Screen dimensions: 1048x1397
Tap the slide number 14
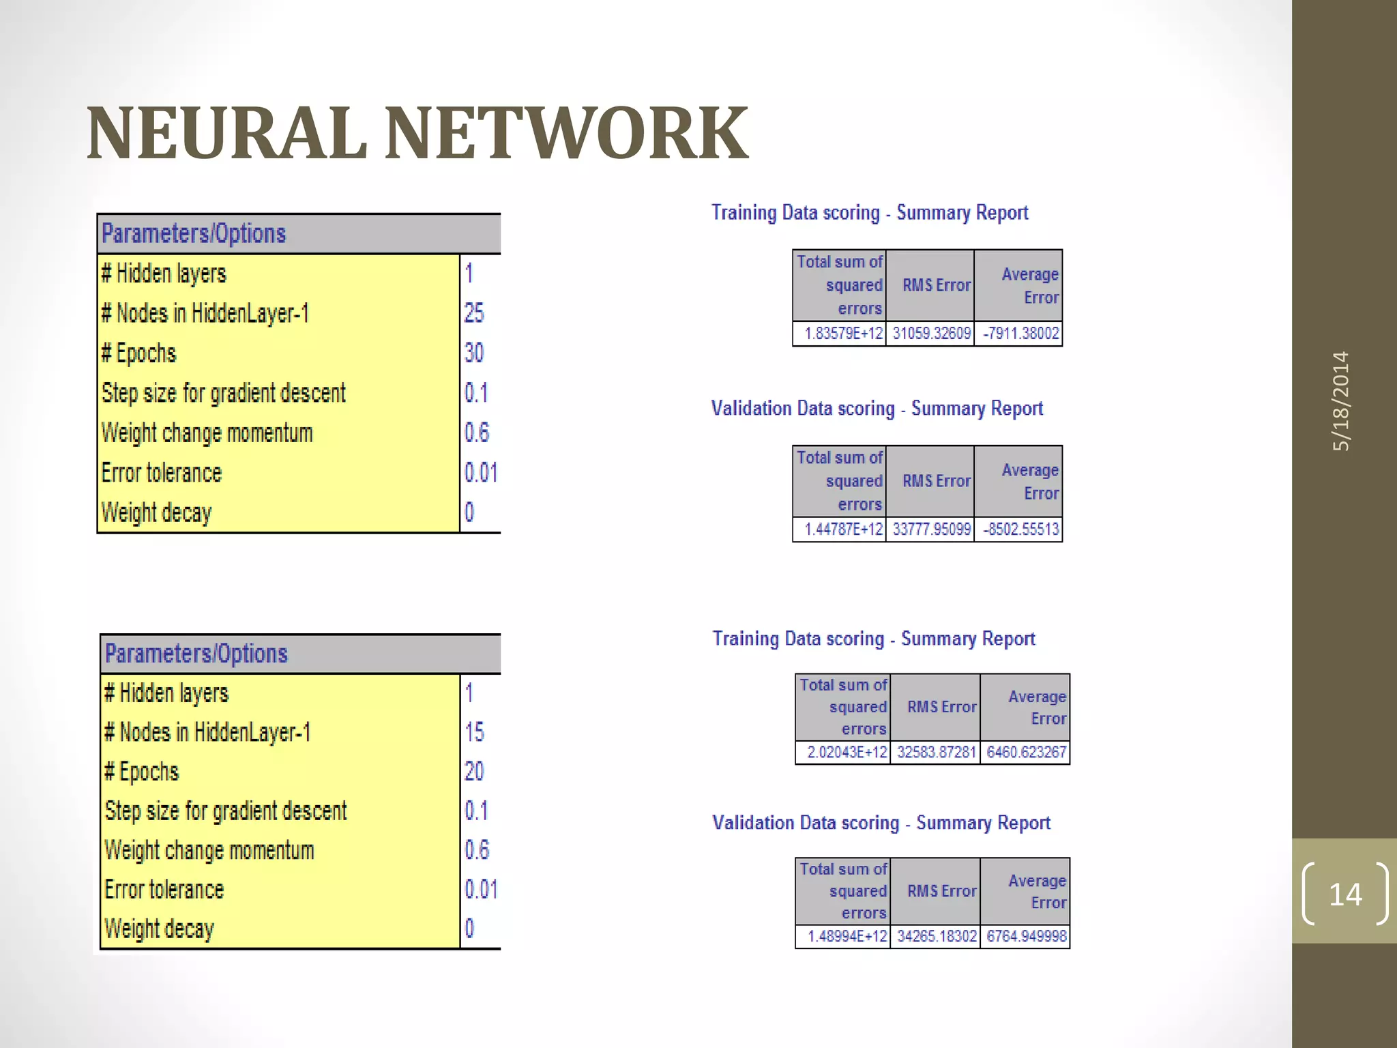pyautogui.click(x=1344, y=894)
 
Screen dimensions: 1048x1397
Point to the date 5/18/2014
pyautogui.click(x=1341, y=401)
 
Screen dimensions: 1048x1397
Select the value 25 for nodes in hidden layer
pyautogui.click(x=474, y=313)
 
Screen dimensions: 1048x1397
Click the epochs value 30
pyautogui.click(x=474, y=353)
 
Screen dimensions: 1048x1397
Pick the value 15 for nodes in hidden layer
pyautogui.click(x=474, y=732)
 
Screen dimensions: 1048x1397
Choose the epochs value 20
pyautogui.click(x=474, y=772)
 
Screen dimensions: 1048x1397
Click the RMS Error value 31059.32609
pyautogui.click(x=931, y=334)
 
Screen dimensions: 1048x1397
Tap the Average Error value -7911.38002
pyautogui.click(x=1020, y=334)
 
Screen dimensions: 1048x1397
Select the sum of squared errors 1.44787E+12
pyautogui.click(x=843, y=529)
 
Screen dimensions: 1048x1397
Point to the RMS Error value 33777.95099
pyautogui.click(x=931, y=529)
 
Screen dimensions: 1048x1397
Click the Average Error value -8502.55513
pyautogui.click(x=1020, y=529)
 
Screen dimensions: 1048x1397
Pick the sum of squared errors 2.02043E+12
pyautogui.click(x=847, y=753)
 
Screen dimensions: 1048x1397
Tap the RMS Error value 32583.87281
pyautogui.click(x=937, y=753)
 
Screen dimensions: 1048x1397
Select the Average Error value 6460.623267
pyautogui.click(x=1026, y=753)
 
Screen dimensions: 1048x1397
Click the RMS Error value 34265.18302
pyautogui.click(x=937, y=936)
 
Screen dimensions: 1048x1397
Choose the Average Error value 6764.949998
pyautogui.click(x=1026, y=936)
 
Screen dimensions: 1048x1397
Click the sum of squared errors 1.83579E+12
pyautogui.click(x=843, y=334)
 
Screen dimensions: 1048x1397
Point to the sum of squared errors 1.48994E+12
pyautogui.click(x=847, y=936)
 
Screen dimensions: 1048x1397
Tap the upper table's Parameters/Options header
pyautogui.click(x=194, y=234)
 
